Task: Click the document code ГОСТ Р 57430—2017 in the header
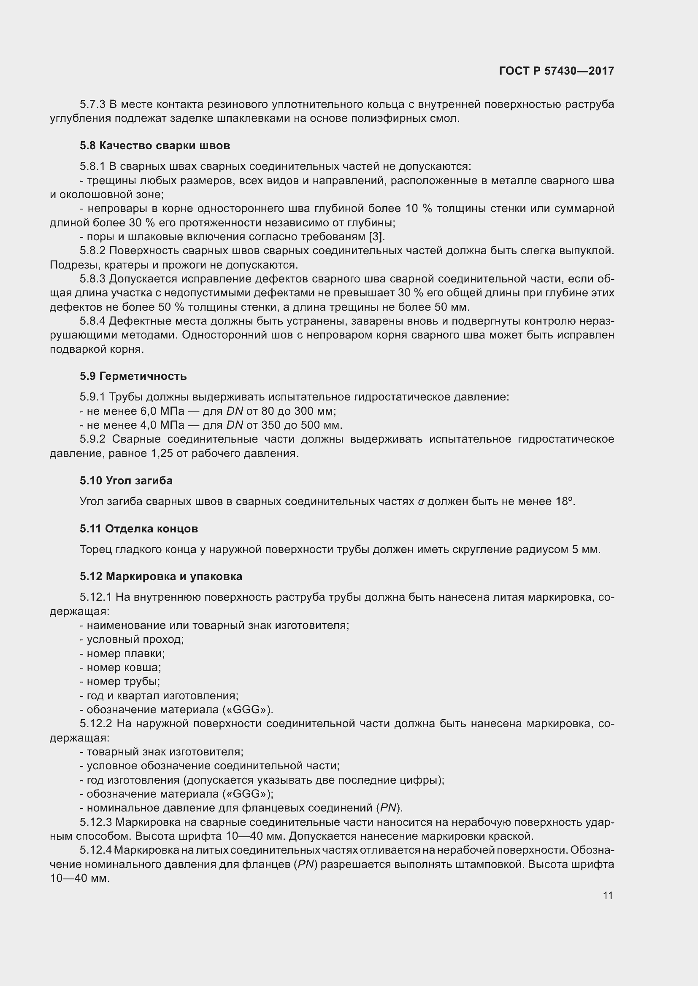point(556,71)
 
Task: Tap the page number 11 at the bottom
point(607,895)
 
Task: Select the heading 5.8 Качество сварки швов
point(155,145)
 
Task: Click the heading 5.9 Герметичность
point(133,376)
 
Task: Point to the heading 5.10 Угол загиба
point(126,481)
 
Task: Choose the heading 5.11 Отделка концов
point(138,529)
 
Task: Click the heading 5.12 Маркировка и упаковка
point(161,576)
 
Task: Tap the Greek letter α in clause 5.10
point(421,502)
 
